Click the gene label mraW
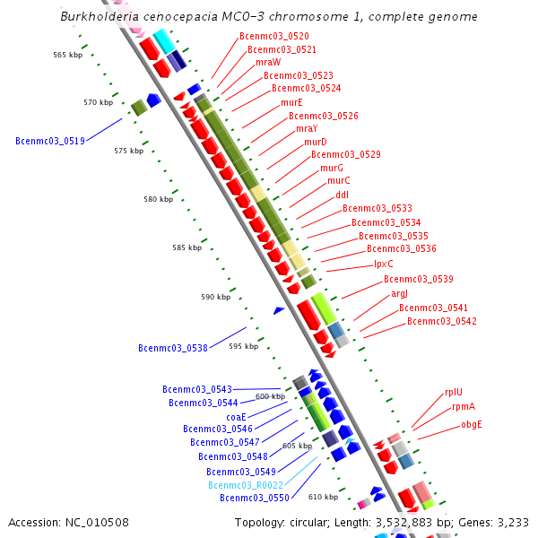(268, 63)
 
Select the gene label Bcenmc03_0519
(50, 141)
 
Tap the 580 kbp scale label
(158, 199)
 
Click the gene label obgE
(472, 424)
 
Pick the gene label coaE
(236, 417)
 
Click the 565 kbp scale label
(67, 55)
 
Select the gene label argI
(400, 293)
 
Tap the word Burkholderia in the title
(99, 16)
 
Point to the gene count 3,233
(512, 522)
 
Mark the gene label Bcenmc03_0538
(173, 348)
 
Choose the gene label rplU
(454, 392)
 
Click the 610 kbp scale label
(323, 497)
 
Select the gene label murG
(332, 168)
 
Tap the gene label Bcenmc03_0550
(255, 498)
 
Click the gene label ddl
(343, 195)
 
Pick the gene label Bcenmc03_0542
(442, 321)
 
